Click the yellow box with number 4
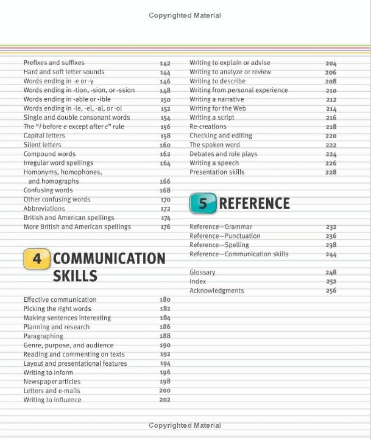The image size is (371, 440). point(37,259)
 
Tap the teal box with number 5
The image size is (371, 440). point(203,204)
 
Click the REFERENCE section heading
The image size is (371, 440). point(254,204)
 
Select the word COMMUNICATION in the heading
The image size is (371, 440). point(109,259)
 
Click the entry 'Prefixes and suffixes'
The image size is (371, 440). point(54,63)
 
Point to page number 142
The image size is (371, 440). point(165,63)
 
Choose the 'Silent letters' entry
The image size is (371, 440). point(42,145)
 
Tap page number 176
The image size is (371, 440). point(165,228)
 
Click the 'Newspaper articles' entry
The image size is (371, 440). point(52,382)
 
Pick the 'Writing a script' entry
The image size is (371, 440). point(211,117)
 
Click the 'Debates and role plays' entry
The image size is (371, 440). point(223,154)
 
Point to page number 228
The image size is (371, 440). point(331,173)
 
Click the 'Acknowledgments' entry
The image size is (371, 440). point(216,291)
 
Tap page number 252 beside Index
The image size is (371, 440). point(331,282)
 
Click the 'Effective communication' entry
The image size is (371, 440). point(60,299)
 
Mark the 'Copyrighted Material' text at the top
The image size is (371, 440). point(185,15)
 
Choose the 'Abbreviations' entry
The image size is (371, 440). point(44,209)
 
